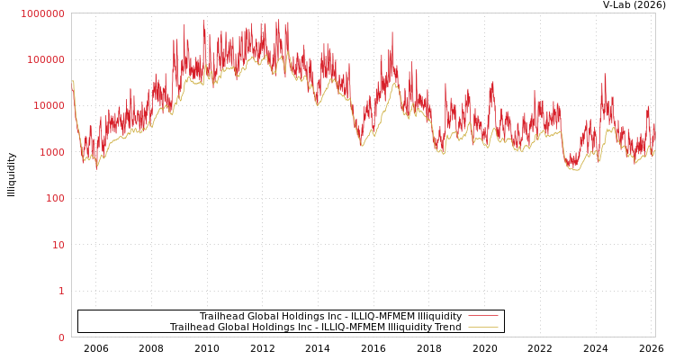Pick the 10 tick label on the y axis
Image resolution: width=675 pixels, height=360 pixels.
point(56,245)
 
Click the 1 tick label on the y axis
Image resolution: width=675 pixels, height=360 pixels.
point(61,291)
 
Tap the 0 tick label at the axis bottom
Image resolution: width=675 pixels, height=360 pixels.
point(61,337)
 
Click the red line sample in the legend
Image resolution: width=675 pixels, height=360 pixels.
point(483,317)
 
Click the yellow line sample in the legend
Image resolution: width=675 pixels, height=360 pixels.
point(483,328)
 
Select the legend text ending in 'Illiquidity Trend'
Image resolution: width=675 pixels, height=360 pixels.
point(315,328)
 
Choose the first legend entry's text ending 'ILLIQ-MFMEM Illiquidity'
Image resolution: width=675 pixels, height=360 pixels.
point(330,317)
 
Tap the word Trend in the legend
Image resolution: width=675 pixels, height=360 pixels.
point(447,328)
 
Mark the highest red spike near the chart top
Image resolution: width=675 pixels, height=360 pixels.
point(203,20)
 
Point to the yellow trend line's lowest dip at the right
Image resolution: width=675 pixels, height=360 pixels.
point(575,170)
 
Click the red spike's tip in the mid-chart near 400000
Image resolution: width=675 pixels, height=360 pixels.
point(392,32)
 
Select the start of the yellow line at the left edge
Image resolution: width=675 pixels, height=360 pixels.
point(72,82)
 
